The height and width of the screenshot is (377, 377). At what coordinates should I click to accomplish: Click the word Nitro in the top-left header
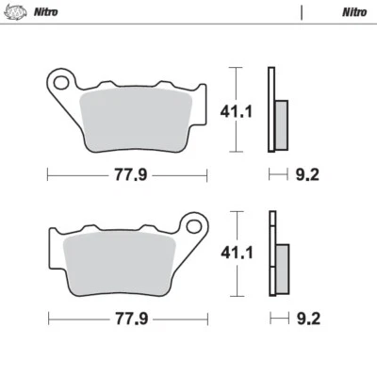point(43,12)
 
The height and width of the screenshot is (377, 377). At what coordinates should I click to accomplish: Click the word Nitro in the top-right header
point(353,12)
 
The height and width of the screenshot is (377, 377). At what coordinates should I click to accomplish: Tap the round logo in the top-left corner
point(15,12)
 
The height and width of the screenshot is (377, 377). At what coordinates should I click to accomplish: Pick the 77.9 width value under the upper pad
point(129,174)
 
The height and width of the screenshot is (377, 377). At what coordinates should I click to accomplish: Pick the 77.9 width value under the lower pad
point(129,319)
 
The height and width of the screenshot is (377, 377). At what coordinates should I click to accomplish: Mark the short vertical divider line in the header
point(303,12)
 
